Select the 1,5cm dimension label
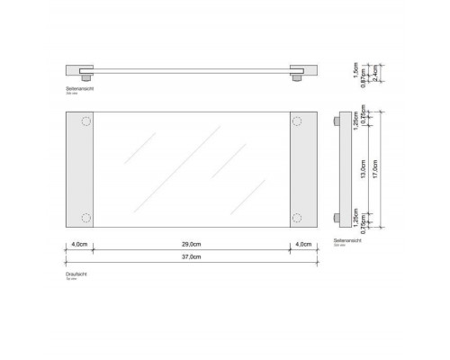point(356,67)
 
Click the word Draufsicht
point(76,274)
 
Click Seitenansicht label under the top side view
point(82,88)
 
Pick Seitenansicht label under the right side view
point(346,240)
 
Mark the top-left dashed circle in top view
point(85,121)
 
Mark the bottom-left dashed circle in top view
point(85,217)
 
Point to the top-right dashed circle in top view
point(298,121)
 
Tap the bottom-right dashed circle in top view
point(298,217)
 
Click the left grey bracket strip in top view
point(79,169)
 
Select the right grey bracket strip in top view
point(303,169)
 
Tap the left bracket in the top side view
point(78,70)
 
